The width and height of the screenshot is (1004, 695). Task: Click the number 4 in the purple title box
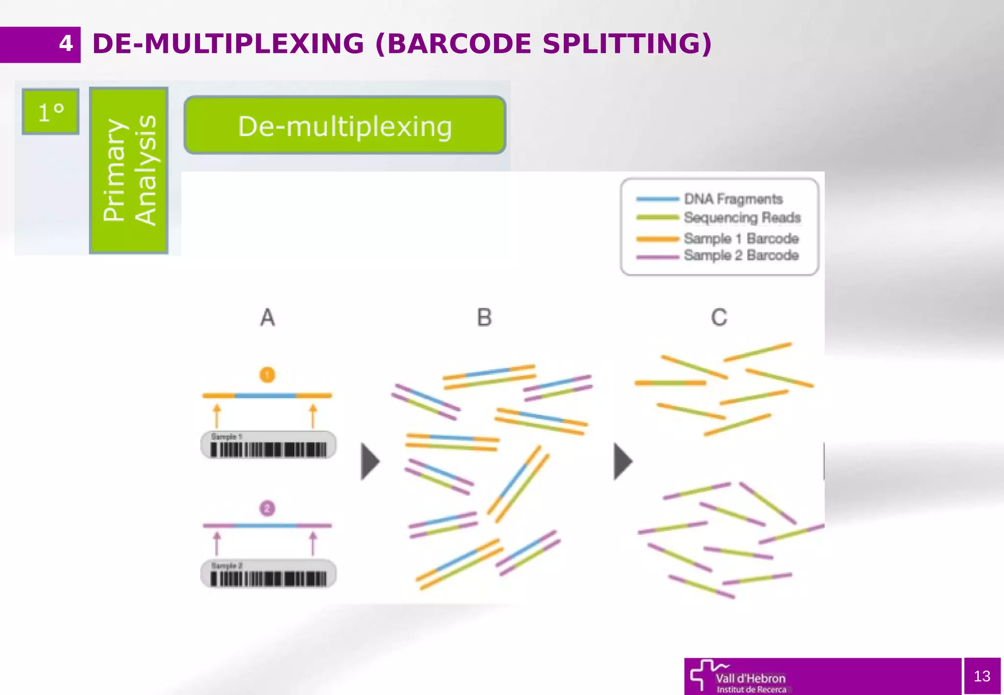66,44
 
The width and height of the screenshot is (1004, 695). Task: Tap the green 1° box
50,112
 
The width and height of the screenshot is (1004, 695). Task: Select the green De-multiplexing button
345,125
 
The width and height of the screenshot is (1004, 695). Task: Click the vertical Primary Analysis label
129,171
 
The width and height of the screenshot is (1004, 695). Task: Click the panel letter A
267,318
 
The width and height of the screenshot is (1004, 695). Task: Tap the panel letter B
484,318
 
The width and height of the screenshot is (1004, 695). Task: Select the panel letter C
719,318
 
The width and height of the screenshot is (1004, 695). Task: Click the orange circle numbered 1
267,375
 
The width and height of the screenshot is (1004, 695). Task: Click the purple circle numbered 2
267,508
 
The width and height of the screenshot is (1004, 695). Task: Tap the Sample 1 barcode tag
268,445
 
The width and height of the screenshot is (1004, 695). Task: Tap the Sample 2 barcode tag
268,573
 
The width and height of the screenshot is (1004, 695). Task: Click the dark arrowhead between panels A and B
370,461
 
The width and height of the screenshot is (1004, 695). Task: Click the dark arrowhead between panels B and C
622,461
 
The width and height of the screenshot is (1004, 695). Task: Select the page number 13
981,676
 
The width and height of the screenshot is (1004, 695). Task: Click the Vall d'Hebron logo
738,677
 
